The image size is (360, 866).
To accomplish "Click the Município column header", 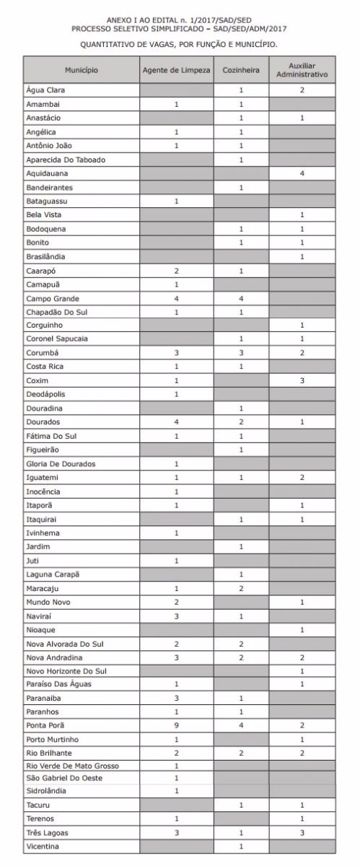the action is coord(81,70).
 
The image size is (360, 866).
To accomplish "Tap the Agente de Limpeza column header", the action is coord(176,70).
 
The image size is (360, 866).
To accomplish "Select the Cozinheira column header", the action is coord(241,70).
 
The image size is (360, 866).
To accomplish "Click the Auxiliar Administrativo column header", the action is coord(303,70).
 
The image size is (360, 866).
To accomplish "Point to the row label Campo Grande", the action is coord(53,298).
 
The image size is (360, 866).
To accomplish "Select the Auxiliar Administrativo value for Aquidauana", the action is coord(303,173).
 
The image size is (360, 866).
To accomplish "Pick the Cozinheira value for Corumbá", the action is coord(241,353).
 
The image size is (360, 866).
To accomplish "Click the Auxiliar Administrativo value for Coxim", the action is coord(303,380).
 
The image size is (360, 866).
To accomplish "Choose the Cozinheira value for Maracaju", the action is coord(241,588).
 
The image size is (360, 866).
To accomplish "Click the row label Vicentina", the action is coord(44,845).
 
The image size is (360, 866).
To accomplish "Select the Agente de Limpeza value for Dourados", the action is coord(176,421).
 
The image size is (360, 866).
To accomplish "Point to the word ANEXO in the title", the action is coord(120,20).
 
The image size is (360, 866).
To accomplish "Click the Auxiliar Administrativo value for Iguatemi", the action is coord(303,477).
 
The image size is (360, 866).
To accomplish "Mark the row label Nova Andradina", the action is coord(54,657).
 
